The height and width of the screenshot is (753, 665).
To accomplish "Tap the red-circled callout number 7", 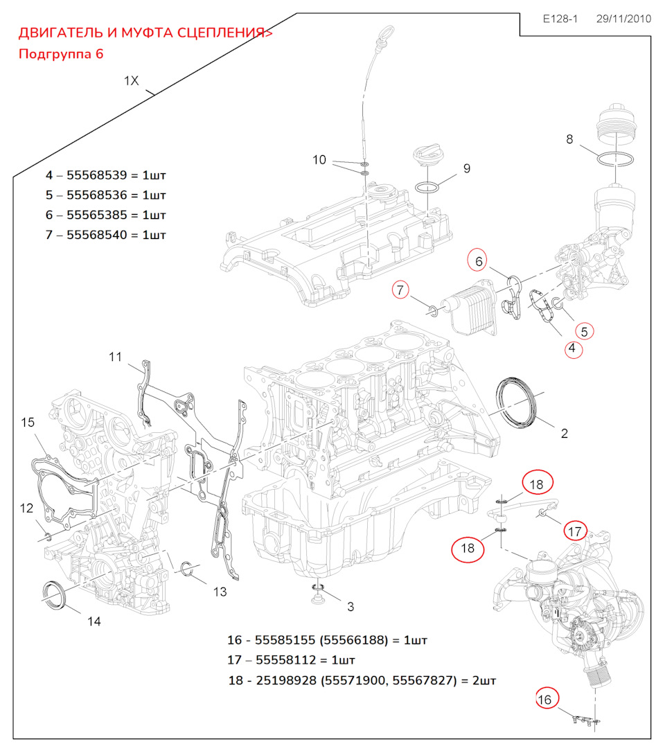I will point(401,290).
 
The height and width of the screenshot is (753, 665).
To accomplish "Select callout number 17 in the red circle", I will point(574,531).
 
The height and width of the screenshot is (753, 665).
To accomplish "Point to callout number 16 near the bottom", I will point(545,700).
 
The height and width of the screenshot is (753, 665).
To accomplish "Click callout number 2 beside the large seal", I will point(564,434).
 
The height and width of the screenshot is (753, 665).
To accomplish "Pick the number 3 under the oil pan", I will point(351,606).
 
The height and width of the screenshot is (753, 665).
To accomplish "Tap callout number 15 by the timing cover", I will point(27,422).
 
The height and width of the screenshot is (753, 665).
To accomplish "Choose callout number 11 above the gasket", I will point(115,357).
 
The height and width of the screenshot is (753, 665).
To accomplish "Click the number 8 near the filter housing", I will point(569,139).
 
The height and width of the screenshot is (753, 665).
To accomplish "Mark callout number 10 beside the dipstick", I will point(319,160).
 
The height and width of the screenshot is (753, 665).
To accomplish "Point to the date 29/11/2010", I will point(623,19).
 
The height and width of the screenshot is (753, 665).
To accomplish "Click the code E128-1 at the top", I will point(560,19).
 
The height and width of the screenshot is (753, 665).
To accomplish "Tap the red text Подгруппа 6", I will point(61,54).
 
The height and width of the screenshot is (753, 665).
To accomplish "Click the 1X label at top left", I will point(132,81).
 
